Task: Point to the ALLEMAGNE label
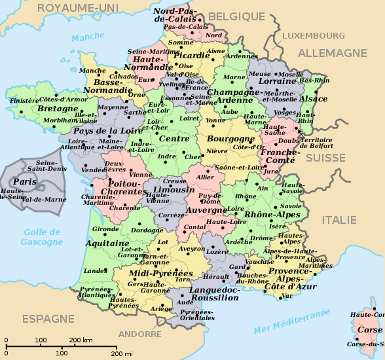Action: [x=333, y=53]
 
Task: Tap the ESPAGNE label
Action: [x=49, y=319]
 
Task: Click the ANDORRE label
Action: [x=140, y=334]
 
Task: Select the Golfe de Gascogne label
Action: [x=42, y=237]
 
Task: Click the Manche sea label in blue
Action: [x=84, y=37]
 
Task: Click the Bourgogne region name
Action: [x=229, y=139]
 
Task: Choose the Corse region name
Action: [x=369, y=329]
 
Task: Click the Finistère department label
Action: [x=24, y=101]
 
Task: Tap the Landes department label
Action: [x=96, y=270]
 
